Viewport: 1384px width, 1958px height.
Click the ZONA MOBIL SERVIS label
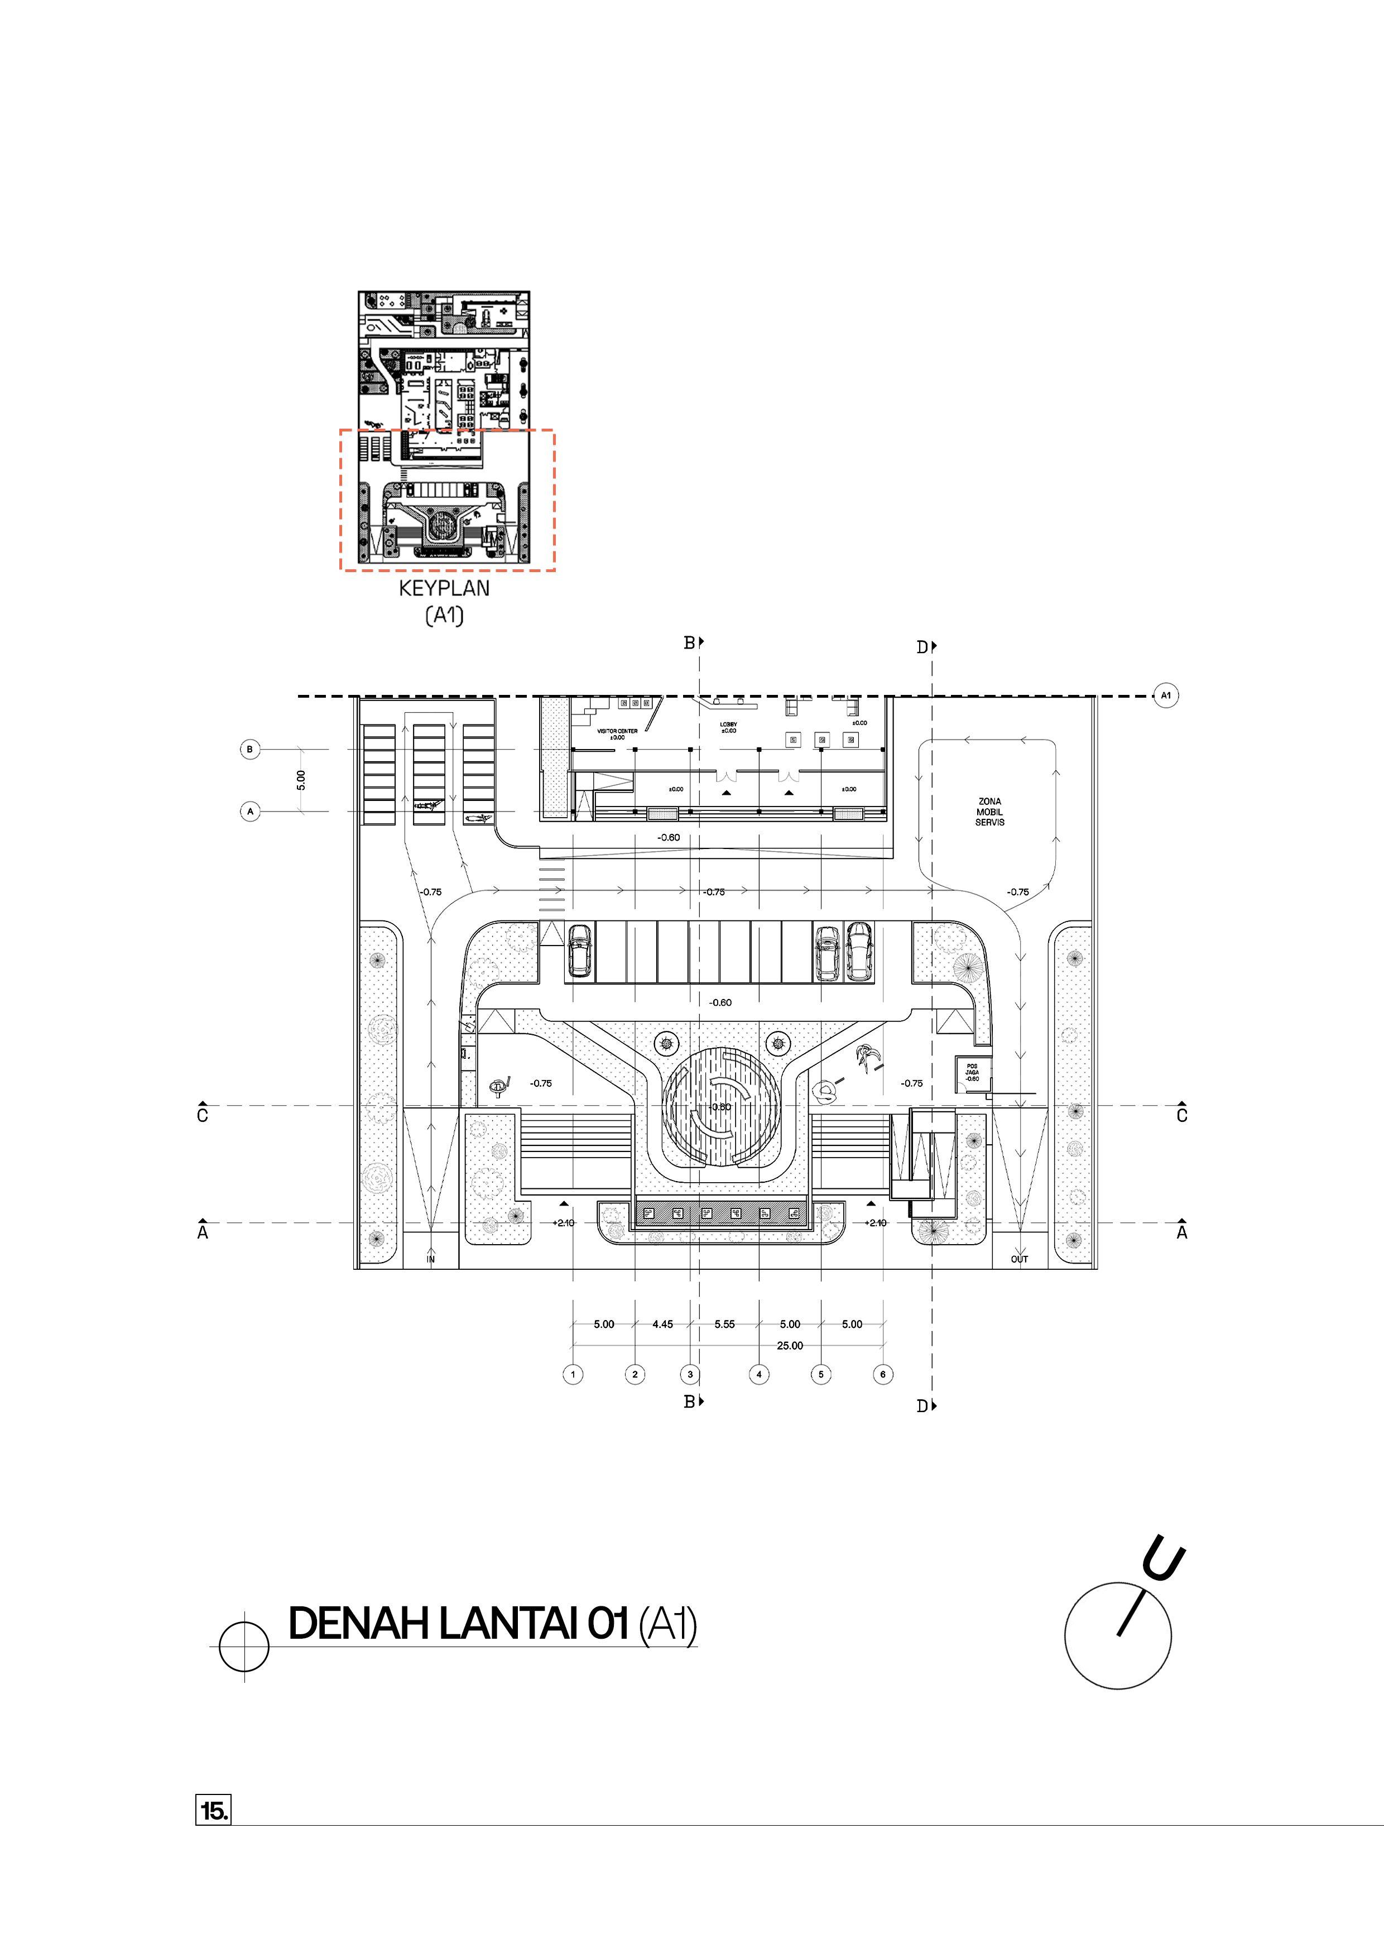click(x=989, y=812)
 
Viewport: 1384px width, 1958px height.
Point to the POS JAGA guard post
click(x=972, y=1073)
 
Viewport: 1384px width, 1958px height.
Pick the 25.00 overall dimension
click(x=790, y=1346)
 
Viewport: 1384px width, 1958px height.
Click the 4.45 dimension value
click(x=662, y=1324)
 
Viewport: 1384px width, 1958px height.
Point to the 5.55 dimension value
click(x=724, y=1324)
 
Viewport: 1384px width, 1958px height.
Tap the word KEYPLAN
click(x=444, y=588)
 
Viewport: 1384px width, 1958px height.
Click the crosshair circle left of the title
click(x=244, y=1646)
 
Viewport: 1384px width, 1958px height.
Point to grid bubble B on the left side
click(x=250, y=750)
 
